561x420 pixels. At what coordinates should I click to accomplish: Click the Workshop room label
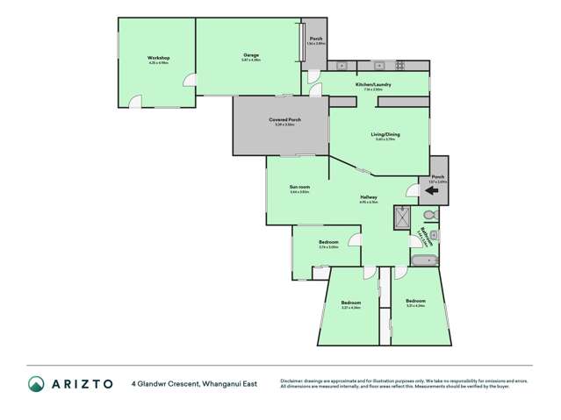tap(158, 57)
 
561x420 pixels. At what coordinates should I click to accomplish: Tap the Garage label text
tap(250, 55)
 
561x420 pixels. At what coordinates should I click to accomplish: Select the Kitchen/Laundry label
tap(367, 84)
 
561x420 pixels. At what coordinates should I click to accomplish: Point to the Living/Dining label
tap(379, 134)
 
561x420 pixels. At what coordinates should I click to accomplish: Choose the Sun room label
tap(300, 187)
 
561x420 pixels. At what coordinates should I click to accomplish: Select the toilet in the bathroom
tap(429, 216)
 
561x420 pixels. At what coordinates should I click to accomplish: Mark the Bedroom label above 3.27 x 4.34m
tap(351, 303)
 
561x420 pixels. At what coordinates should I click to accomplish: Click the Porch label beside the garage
tap(316, 39)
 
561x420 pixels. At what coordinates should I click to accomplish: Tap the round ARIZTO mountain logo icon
tap(36, 383)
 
